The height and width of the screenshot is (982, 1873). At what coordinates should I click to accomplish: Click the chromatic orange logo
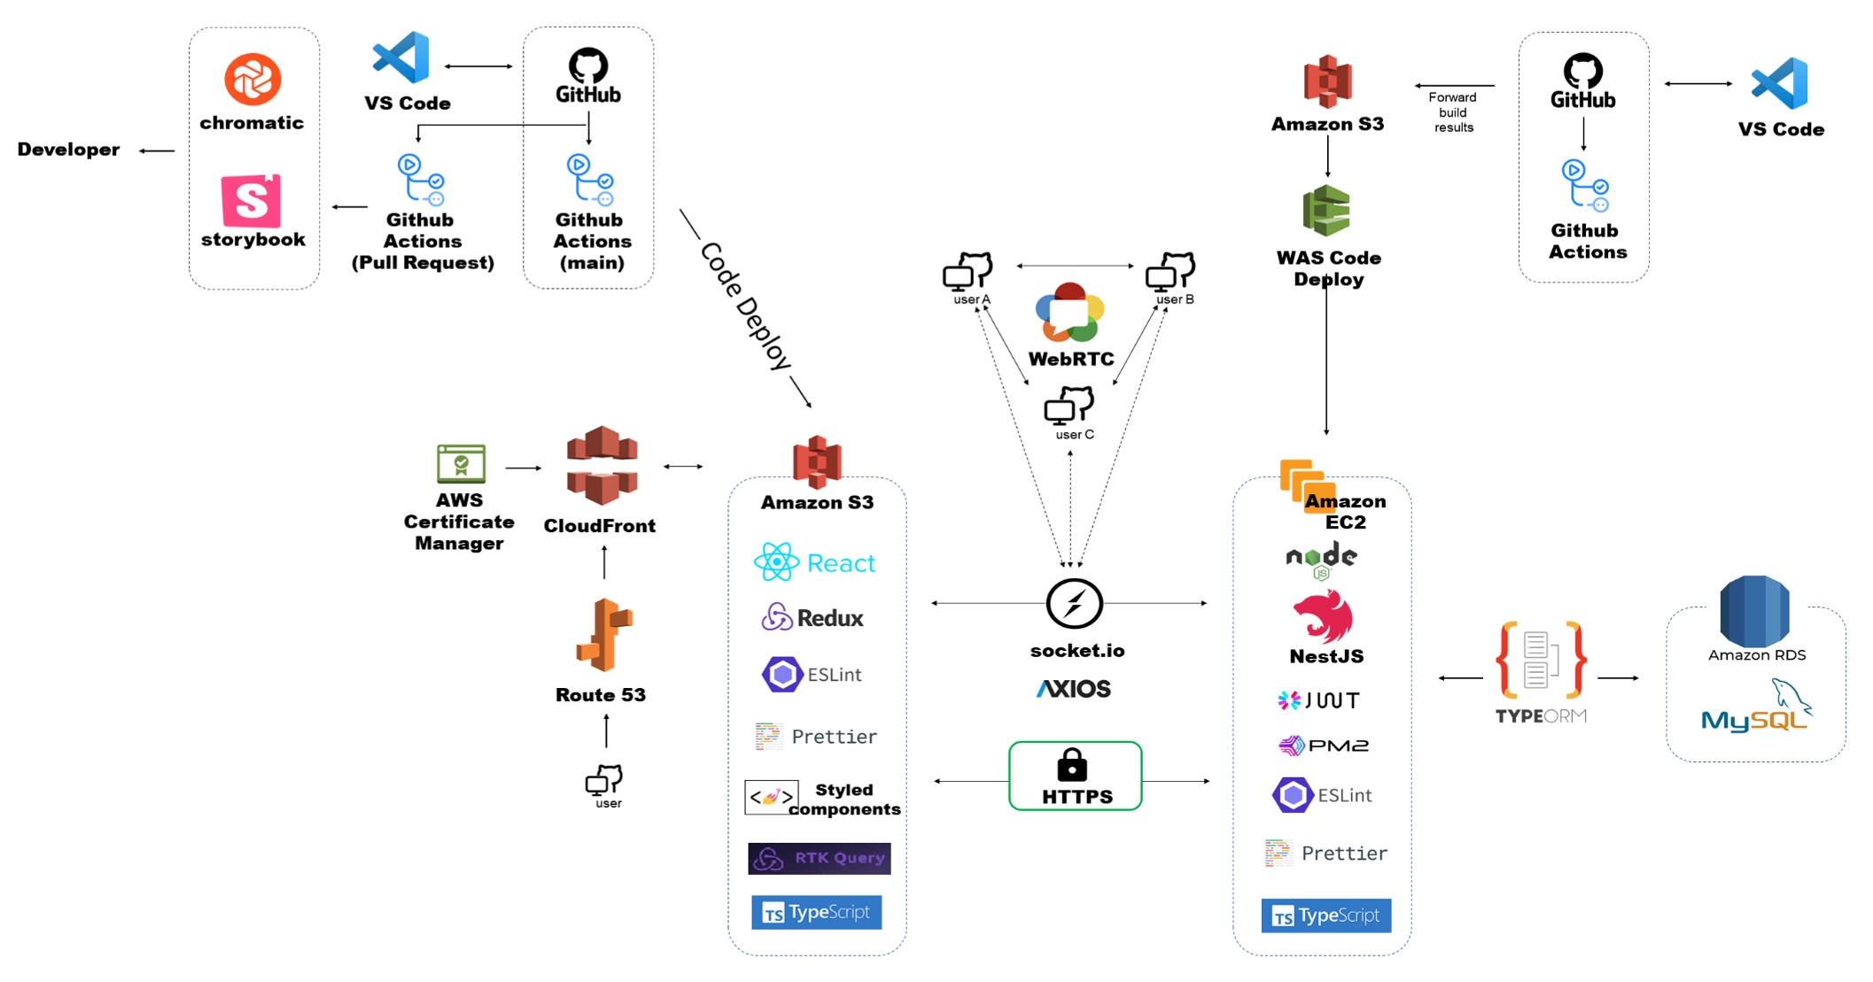pos(253,80)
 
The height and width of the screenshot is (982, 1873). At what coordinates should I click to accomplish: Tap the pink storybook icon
pos(251,201)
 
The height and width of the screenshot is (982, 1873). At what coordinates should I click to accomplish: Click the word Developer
pos(68,150)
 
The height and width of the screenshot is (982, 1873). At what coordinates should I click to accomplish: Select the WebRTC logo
pos(1069,313)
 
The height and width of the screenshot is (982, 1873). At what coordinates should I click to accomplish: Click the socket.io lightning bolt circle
pos(1074,604)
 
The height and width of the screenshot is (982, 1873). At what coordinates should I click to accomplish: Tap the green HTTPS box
pos(1075,777)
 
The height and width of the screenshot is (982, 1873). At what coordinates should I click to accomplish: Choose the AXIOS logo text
pos(1073,689)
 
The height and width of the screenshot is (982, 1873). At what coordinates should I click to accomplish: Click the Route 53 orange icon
pos(603,635)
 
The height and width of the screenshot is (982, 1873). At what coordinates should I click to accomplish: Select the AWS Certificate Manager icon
pos(461,464)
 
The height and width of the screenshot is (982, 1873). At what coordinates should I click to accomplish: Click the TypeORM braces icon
pos(1540,661)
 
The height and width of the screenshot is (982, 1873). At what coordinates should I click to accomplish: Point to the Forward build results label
pos(1453,112)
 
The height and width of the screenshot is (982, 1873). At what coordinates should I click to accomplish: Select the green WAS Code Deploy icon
pos(1326,211)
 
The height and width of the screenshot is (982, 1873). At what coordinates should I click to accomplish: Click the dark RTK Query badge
pos(819,858)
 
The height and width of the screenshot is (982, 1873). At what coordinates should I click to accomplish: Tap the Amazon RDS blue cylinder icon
pos(1754,610)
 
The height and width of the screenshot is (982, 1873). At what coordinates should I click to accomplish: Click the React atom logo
pos(776,562)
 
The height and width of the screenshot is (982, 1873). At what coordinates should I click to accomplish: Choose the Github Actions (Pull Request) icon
pos(420,181)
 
